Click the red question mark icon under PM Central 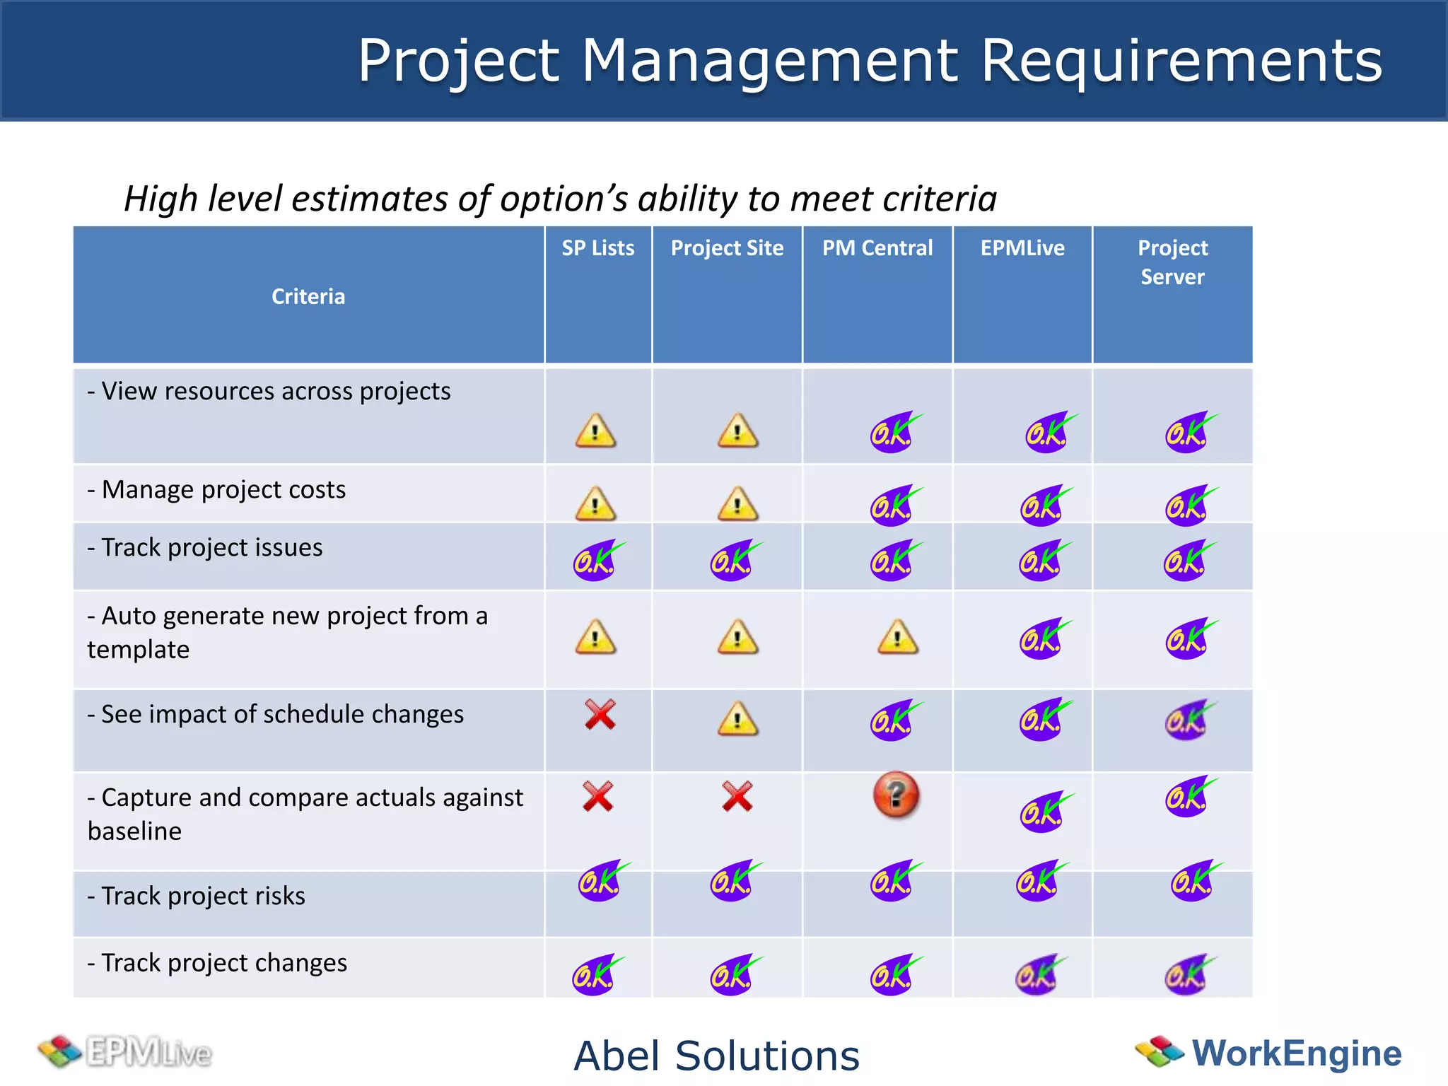coord(896,795)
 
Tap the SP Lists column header coord(597,248)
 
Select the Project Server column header coord(1172,262)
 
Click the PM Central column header coord(877,248)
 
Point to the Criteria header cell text coord(308,296)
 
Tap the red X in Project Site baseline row coord(737,797)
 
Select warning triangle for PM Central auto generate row coord(897,637)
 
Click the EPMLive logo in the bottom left coord(126,1052)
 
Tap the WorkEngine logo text coord(1296,1053)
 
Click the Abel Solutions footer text coord(716,1056)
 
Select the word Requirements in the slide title coord(1181,61)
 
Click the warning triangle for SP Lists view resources coord(595,431)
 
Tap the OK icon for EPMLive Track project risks coord(1040,881)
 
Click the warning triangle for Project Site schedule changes coord(737,719)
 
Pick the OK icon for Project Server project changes coord(1188,975)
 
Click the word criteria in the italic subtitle coord(940,199)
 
